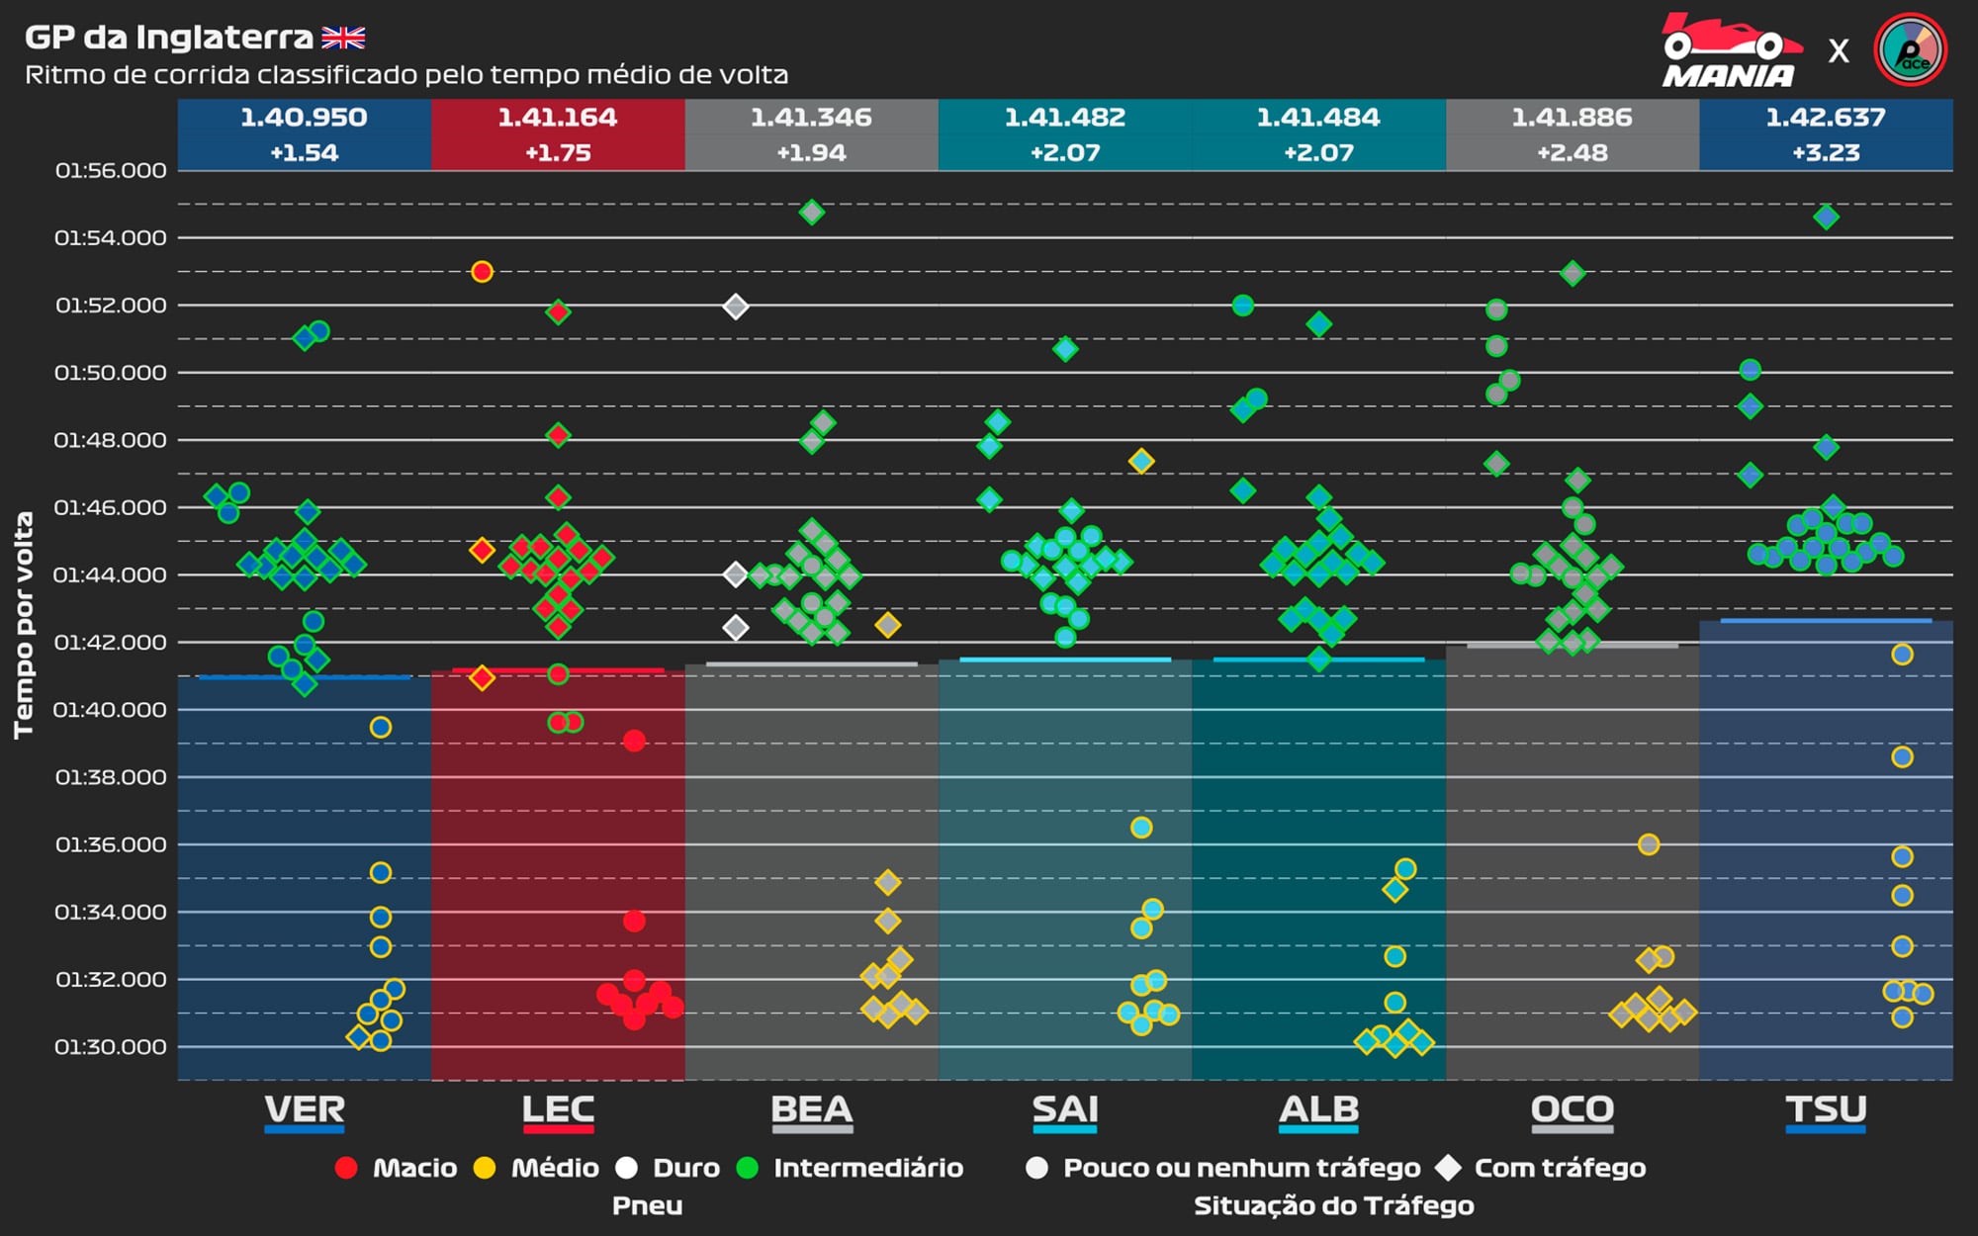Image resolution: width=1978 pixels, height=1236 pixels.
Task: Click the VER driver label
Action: click(305, 1110)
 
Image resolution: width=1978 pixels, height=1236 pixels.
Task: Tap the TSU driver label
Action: click(1826, 1110)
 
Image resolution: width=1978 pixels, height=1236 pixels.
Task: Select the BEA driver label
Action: click(811, 1110)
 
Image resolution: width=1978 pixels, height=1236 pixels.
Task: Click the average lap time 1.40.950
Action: click(304, 118)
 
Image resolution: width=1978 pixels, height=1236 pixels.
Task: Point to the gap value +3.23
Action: click(1826, 153)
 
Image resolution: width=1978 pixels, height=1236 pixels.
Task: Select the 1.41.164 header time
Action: click(558, 118)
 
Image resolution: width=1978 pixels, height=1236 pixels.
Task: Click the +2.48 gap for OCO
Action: click(1572, 153)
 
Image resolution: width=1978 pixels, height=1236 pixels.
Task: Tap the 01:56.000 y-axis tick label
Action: click(111, 171)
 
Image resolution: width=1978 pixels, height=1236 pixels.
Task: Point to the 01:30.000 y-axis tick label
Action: click(111, 1047)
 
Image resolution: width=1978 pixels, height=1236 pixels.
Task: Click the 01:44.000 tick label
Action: click(111, 575)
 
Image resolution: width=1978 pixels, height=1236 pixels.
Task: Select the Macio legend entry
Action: click(397, 1169)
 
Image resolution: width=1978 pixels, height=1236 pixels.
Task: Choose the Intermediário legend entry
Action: click(850, 1169)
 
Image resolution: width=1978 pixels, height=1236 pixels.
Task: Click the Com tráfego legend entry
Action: click(1543, 1169)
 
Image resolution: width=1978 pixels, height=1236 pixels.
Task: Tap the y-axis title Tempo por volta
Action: click(24, 625)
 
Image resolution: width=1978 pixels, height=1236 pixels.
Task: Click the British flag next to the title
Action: click(343, 39)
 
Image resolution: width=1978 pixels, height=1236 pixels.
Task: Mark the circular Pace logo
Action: click(1910, 49)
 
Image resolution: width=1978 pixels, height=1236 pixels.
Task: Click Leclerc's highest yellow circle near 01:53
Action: click(482, 272)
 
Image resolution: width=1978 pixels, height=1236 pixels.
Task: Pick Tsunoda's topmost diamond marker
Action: click(1826, 218)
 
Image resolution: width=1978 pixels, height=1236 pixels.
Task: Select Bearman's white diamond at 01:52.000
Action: click(735, 307)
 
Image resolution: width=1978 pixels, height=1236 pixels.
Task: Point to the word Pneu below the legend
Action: click(647, 1206)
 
